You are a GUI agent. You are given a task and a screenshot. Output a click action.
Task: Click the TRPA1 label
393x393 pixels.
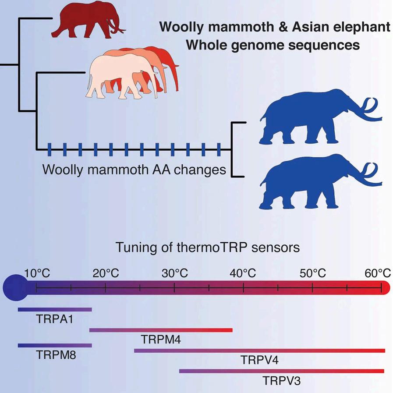pos(54,319)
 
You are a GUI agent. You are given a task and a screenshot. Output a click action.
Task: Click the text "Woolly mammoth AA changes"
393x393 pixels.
pos(134,169)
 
